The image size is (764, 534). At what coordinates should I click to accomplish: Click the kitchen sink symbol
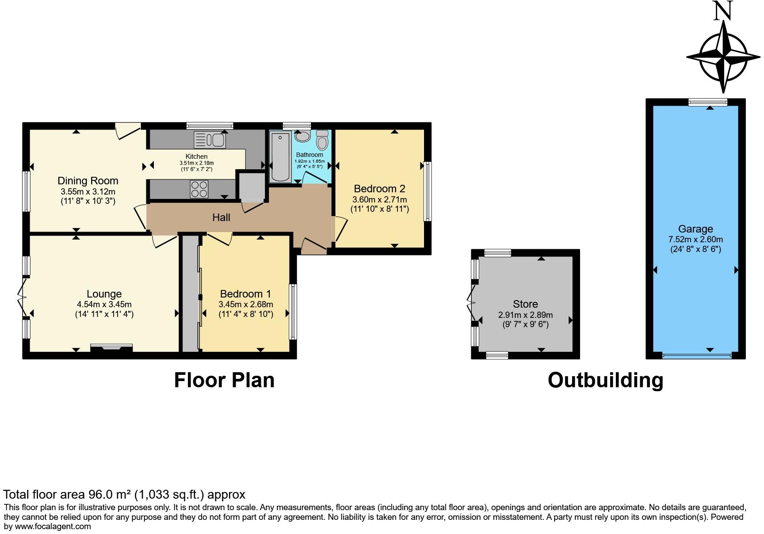click(210, 141)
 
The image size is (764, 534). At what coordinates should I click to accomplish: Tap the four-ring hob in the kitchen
click(199, 189)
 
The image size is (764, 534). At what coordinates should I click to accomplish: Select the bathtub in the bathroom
click(280, 157)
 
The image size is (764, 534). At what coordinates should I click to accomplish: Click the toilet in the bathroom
click(322, 141)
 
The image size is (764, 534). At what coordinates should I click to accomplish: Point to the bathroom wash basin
click(302, 136)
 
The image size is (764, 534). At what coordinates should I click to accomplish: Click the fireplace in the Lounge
click(111, 348)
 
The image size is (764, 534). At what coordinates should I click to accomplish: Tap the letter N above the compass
click(723, 11)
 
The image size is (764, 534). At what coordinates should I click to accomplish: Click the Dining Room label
click(88, 181)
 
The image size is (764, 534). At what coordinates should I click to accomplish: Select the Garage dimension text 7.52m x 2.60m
click(695, 239)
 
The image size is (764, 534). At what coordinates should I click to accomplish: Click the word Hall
click(221, 217)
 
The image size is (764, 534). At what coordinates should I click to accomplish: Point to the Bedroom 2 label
click(379, 189)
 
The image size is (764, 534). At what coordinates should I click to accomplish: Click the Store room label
click(525, 304)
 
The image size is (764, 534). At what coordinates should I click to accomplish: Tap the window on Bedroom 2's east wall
click(428, 191)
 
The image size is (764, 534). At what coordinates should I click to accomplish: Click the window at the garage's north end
click(707, 102)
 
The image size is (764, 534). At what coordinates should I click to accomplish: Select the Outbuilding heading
click(605, 380)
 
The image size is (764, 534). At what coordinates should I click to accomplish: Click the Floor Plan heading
click(224, 380)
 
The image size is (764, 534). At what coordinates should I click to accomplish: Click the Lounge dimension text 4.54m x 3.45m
click(104, 305)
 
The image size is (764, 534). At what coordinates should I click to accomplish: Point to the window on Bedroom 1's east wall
click(293, 312)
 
